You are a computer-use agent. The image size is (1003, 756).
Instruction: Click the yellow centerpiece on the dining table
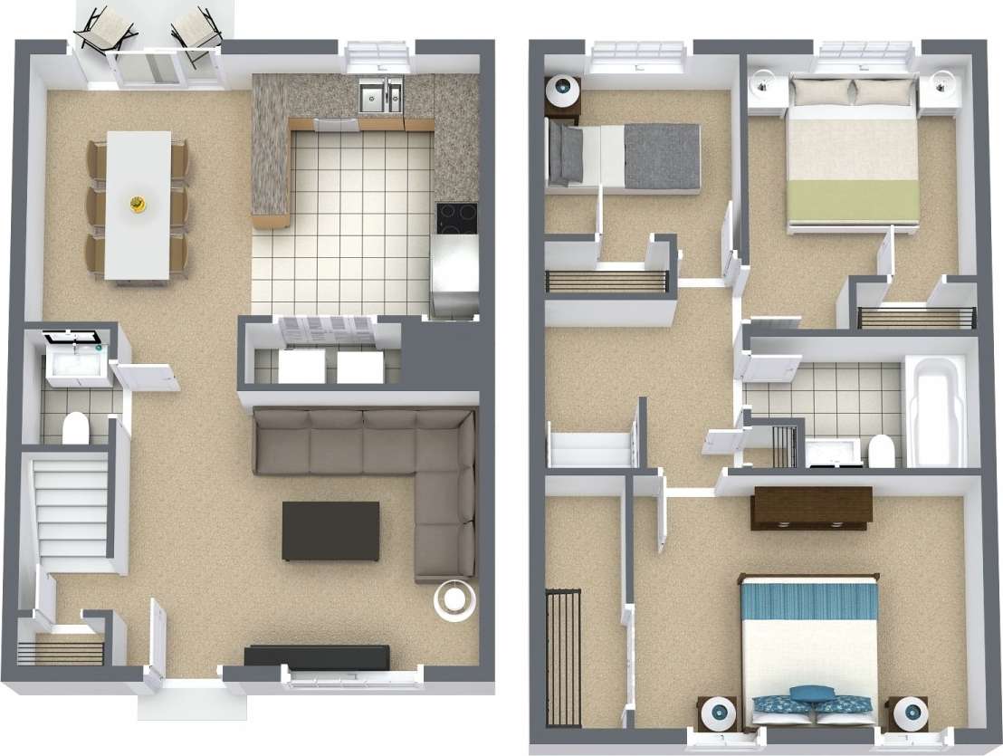[139, 205]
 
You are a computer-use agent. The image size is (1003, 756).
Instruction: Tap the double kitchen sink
[380, 98]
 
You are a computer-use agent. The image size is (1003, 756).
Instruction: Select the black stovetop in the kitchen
[456, 217]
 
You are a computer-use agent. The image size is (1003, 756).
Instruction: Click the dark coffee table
[330, 531]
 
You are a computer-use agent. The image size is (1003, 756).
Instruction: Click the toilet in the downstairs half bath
[75, 427]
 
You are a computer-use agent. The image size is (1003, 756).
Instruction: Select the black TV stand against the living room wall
[317, 655]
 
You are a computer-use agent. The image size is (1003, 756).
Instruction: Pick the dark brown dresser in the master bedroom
[811, 507]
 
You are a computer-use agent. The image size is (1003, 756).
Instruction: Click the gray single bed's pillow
[568, 153]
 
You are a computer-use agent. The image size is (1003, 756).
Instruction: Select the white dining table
[139, 205]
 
